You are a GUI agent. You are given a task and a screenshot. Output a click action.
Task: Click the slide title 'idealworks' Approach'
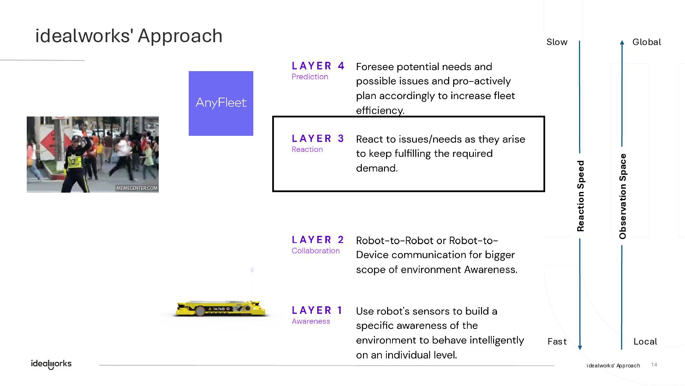coord(129,36)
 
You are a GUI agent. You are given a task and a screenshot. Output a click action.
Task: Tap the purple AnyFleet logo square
coord(221,103)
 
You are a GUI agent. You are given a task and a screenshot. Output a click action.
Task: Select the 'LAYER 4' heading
coord(318,66)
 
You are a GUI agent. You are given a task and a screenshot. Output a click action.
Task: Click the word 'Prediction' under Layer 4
coord(310,76)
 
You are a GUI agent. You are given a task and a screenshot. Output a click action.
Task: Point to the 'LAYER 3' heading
coord(318,138)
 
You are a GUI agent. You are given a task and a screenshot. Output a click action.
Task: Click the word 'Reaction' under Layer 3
coord(307,149)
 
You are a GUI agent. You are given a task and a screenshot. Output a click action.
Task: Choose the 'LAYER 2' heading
coord(318,239)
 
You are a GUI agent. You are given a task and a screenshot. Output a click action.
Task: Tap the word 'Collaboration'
coord(315,251)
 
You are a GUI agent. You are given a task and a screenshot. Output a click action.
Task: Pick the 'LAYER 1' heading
coord(317,310)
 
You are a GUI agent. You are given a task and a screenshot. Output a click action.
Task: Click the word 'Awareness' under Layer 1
coord(311,321)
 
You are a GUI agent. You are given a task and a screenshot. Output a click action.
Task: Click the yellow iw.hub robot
coord(220,308)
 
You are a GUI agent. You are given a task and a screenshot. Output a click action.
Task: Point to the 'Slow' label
coord(557,42)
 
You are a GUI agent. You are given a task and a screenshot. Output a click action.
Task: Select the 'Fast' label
coord(557,341)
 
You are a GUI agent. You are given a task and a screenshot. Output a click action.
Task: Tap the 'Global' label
coord(646,42)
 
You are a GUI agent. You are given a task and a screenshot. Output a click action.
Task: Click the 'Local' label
coord(645,341)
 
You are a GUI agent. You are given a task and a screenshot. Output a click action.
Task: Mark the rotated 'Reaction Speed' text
coord(581,196)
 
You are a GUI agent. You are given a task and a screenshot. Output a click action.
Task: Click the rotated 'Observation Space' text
coord(623,196)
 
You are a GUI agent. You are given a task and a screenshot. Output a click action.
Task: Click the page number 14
coord(654,365)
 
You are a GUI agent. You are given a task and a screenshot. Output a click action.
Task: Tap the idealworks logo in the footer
coord(51,364)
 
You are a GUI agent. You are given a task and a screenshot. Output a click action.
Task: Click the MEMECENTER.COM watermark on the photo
coord(137,188)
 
